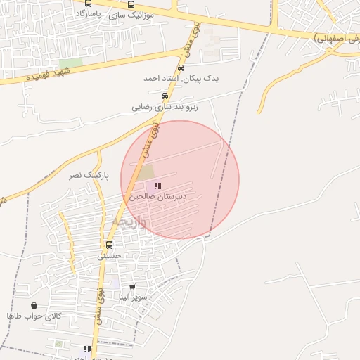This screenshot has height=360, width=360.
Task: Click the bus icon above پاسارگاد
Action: [88, 4]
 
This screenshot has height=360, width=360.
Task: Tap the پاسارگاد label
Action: [91, 13]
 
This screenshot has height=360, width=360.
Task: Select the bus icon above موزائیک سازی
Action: [131, 4]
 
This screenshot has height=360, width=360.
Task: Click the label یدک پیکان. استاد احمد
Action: [181, 78]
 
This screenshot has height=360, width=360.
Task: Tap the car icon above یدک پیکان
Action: [181, 68]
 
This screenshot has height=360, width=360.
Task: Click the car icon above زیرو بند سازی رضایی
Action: [165, 96]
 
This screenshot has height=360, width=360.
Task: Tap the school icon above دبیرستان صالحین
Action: [156, 186]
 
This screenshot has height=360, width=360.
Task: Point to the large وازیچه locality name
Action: [129, 222]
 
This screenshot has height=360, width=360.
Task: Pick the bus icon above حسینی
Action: [109, 245]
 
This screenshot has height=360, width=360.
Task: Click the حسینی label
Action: [109, 256]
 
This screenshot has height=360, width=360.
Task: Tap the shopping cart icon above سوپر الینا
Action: [132, 287]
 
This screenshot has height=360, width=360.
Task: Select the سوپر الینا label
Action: [132, 297]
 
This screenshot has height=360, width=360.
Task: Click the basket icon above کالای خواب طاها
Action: [34, 306]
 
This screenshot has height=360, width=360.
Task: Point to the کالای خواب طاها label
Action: [34, 316]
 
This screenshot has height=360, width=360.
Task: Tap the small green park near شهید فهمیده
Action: [70, 64]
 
